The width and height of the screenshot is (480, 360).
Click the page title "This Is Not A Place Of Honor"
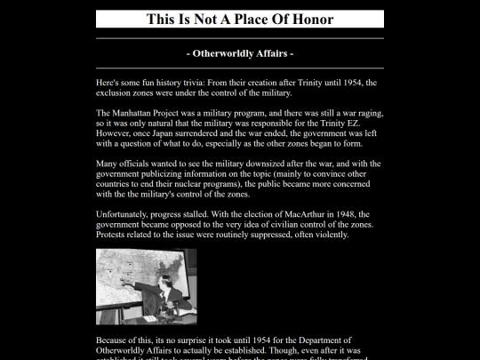click(x=239, y=19)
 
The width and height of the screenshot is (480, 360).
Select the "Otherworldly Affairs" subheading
click(x=239, y=53)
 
